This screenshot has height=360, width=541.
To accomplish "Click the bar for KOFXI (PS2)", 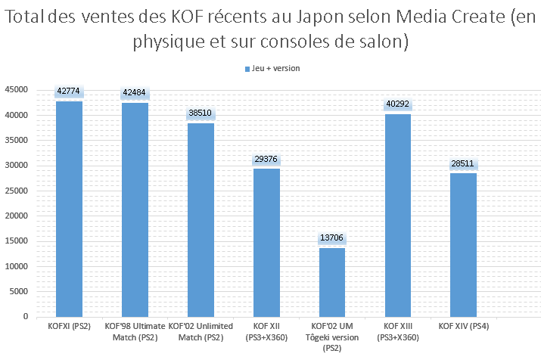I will pos(69,208).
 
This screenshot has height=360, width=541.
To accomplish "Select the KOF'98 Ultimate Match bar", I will pos(135,209).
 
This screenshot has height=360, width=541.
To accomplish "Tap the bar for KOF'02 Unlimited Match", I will pos(201,219).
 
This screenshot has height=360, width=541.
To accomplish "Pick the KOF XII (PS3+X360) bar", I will pos(266,242).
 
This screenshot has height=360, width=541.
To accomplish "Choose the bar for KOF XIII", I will pos(397,215).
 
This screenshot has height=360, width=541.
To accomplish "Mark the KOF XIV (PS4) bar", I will pos(463,244).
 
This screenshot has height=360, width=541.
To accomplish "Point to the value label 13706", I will pos(332,238).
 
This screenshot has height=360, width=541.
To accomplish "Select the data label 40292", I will pos(397,104).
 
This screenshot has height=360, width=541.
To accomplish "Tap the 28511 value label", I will pos(463,163).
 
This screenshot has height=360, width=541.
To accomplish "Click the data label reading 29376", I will pos(266,159).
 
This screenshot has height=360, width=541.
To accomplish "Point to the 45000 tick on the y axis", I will pos(17,90).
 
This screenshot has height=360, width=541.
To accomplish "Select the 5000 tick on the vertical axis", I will pos(20,291).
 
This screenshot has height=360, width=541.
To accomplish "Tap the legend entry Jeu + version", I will pos(272,68).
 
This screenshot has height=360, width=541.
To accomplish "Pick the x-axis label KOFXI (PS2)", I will pos(69,325).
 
